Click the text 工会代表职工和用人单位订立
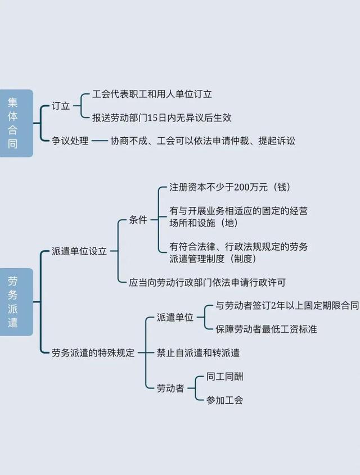pyautogui.click(x=152, y=94)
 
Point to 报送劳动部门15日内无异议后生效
pyautogui.click(x=162, y=117)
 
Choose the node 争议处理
pyautogui.click(x=70, y=141)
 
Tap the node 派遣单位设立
pyautogui.click(x=79, y=251)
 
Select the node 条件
pyautogui.click(x=138, y=220)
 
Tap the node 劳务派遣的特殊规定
pyautogui.click(x=93, y=353)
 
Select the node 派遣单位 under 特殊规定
pyautogui.click(x=175, y=318)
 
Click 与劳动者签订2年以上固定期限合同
pyautogui.click(x=287, y=306)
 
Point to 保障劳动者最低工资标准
pyautogui.click(x=266, y=329)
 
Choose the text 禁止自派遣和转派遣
pyautogui.click(x=199, y=353)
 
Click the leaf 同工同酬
pyautogui.click(x=224, y=377)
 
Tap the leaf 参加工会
pyautogui.click(x=224, y=400)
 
